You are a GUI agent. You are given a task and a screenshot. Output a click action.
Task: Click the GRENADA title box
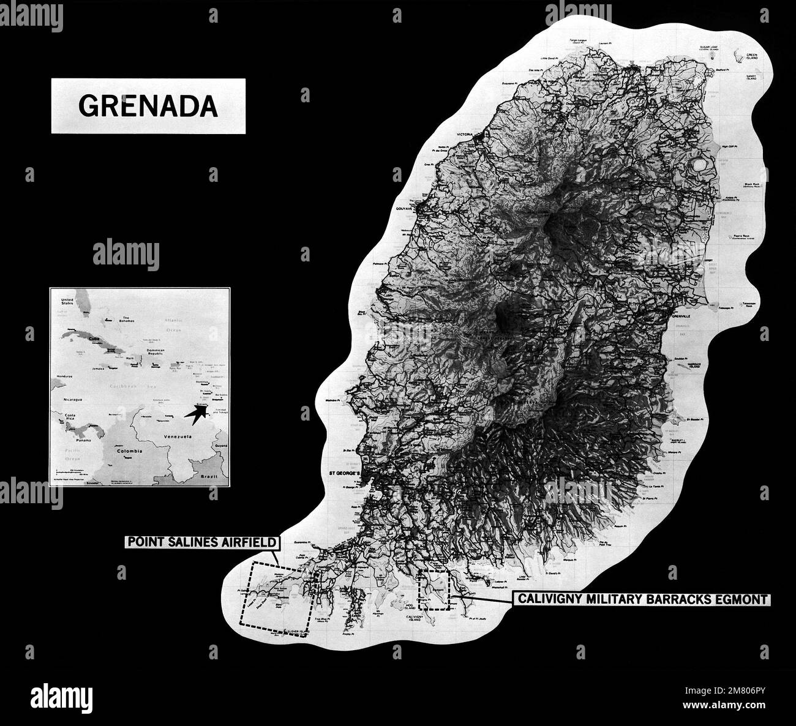[148, 106]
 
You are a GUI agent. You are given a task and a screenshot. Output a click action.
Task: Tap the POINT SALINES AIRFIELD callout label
[203, 542]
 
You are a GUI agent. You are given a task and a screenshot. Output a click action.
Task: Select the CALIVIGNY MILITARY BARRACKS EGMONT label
[640, 599]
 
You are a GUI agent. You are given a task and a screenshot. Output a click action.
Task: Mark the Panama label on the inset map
[77, 439]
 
